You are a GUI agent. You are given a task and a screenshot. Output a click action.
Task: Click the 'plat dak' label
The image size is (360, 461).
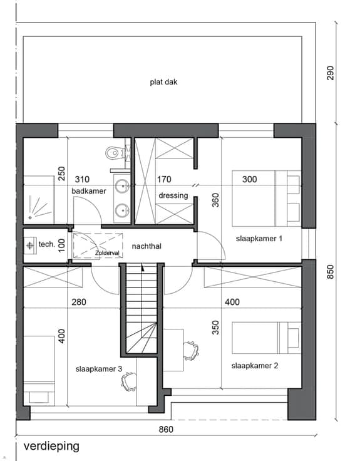pos(163,81)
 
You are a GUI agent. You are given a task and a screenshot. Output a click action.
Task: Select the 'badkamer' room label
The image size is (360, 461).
pos(89,191)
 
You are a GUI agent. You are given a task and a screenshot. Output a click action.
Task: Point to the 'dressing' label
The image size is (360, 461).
pos(173,195)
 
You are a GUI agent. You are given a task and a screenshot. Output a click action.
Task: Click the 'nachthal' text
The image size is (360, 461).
pos(147,246)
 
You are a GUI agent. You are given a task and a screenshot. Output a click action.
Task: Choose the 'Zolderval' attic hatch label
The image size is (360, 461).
pos(107,253)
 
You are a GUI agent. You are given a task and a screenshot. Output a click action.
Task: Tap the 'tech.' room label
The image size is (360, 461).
pos(47,244)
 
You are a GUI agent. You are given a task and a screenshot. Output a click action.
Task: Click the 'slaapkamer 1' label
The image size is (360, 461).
pos(259,239)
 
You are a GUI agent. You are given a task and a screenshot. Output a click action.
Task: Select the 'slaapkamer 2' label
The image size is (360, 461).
pos(254,366)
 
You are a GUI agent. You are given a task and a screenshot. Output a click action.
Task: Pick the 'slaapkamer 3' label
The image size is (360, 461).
pos(99,369)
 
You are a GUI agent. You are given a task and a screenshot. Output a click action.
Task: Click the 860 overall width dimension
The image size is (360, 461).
pos(166,430)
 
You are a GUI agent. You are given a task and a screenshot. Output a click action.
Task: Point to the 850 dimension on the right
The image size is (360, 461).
pos(331,272)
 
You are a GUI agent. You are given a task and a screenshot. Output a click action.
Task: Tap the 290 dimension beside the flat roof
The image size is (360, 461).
pos(331,73)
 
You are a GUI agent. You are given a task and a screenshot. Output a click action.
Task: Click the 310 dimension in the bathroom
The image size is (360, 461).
pos(82,179)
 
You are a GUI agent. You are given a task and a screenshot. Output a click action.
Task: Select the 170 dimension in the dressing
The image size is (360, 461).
pos(164,179)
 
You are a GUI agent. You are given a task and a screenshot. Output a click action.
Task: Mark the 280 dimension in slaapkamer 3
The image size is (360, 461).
pos(79,302)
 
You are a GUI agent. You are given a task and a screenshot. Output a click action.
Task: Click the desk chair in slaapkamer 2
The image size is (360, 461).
pos(190,351)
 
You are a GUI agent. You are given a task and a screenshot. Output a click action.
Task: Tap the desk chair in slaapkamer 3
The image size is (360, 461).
pos(129,381)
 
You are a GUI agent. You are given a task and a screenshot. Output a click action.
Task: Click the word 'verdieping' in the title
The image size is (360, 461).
pos(51,447)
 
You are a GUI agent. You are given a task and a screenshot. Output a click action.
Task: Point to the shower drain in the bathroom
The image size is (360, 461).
pos(30,217)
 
